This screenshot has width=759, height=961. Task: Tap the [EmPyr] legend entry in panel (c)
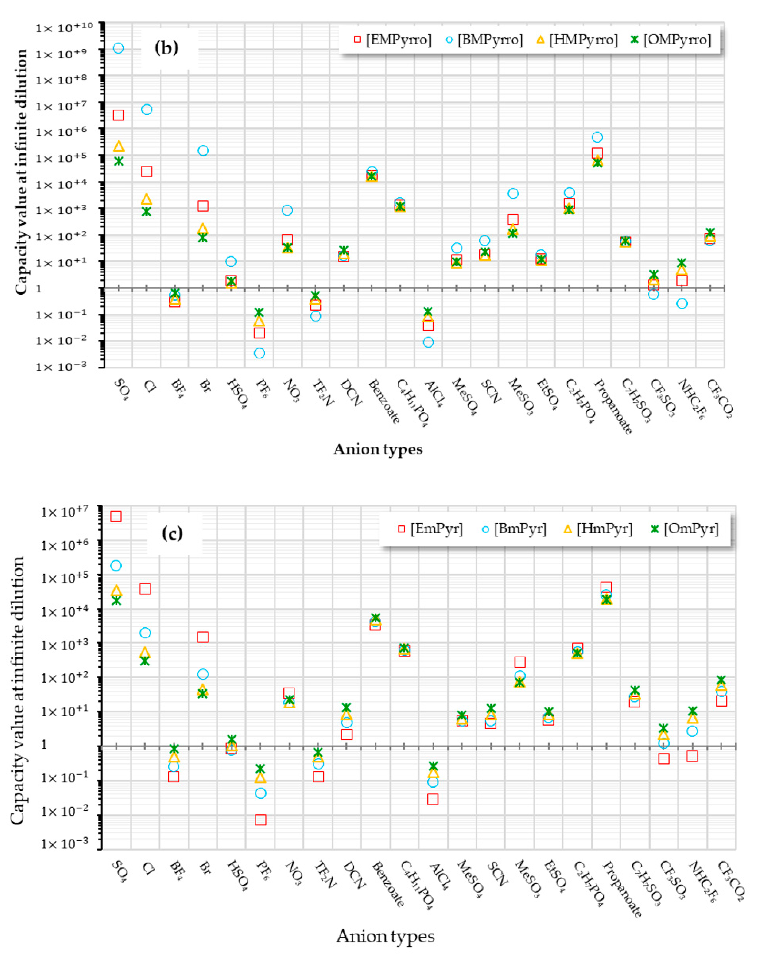coord(430,528)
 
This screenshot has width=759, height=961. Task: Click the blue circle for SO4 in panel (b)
coord(118,48)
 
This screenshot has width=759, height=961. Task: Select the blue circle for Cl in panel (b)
coord(147,109)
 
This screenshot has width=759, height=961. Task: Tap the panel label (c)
coord(172,533)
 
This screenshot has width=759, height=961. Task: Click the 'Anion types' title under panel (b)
coord(378,449)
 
